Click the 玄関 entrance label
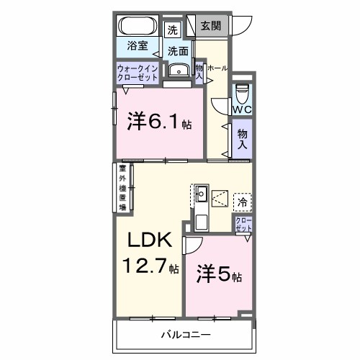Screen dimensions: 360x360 pos(212,26)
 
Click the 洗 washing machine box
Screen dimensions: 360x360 pos(172,30)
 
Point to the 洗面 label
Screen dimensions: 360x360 pos(179,51)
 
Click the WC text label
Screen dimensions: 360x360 pos(241,110)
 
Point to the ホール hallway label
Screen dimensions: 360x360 pos(217,68)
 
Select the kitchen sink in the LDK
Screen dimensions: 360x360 pos(202,193)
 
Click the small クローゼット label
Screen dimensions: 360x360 pos(243,224)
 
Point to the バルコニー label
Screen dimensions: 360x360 pos(185,336)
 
